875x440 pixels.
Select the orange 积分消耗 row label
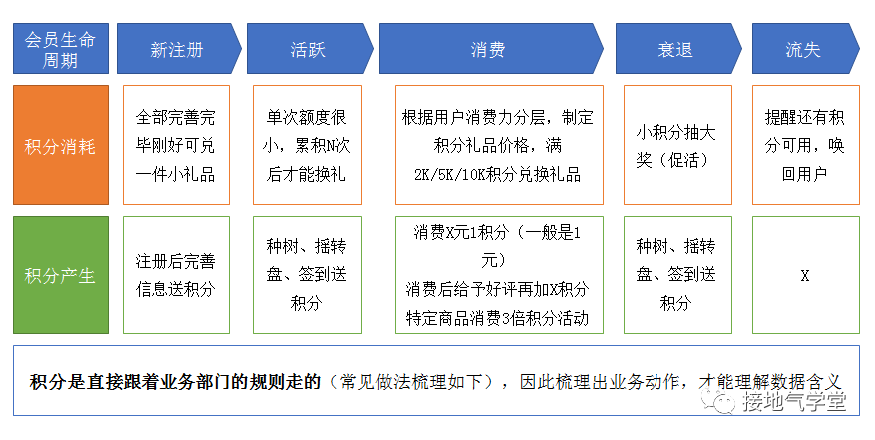tap(60, 146)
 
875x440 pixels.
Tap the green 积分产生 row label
tap(60, 275)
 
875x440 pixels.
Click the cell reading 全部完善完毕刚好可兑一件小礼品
tap(176, 146)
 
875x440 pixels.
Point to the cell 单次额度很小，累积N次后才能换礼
tap(306, 146)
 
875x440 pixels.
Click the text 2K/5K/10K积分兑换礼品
tap(497, 174)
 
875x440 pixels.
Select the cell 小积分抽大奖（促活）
tap(675, 146)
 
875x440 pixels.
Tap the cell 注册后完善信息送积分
tap(176, 275)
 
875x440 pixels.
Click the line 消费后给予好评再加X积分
tap(497, 290)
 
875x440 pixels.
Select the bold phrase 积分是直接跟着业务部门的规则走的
tap(175, 382)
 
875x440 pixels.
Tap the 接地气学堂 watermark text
tap(794, 402)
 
